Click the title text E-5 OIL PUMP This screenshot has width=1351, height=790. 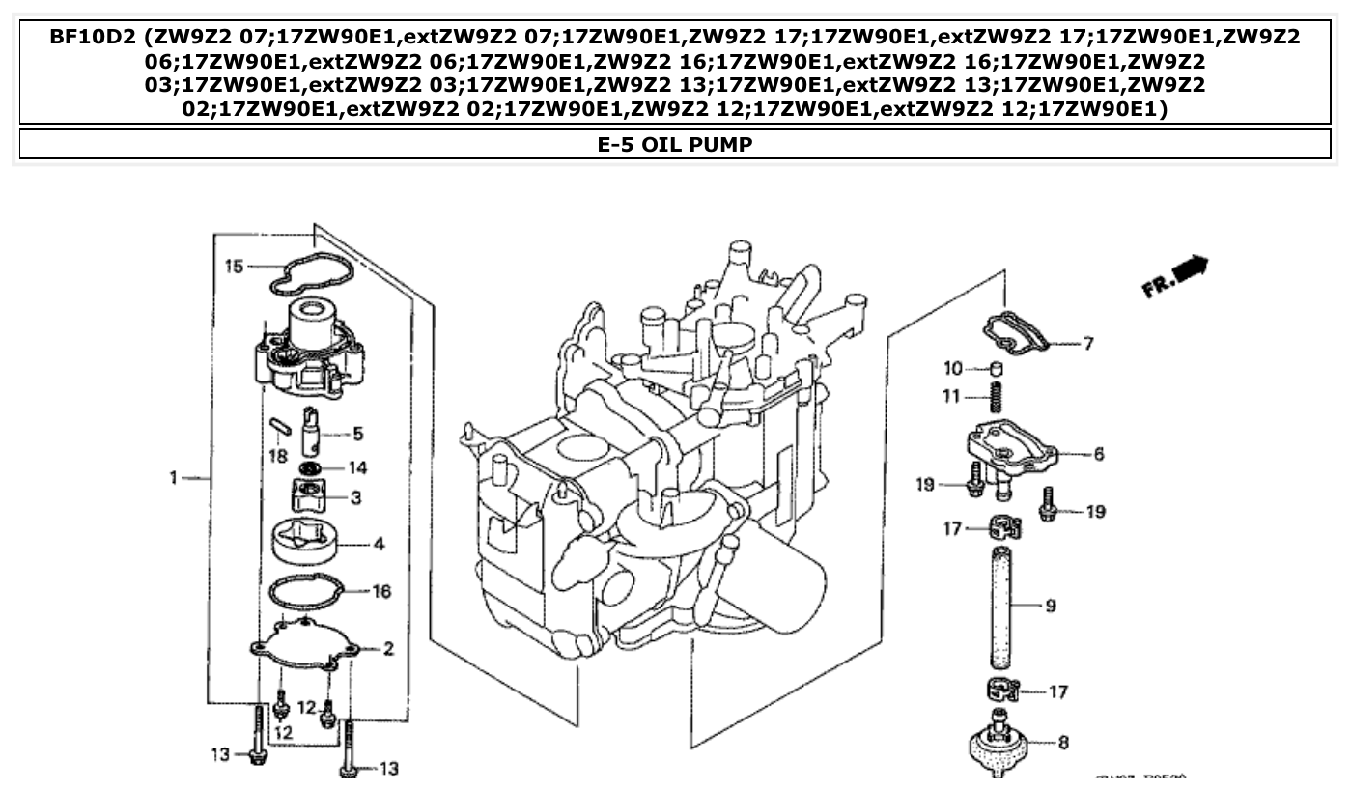[675, 145]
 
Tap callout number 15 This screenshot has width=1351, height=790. [234, 266]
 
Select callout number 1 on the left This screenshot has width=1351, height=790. [174, 477]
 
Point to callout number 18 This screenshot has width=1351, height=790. [278, 455]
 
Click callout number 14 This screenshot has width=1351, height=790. [357, 468]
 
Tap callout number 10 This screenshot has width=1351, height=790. [953, 368]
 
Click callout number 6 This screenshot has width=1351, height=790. [1099, 453]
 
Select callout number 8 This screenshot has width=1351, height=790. [1063, 743]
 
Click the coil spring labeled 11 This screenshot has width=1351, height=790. [996, 397]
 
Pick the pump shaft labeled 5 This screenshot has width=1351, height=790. [311, 432]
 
